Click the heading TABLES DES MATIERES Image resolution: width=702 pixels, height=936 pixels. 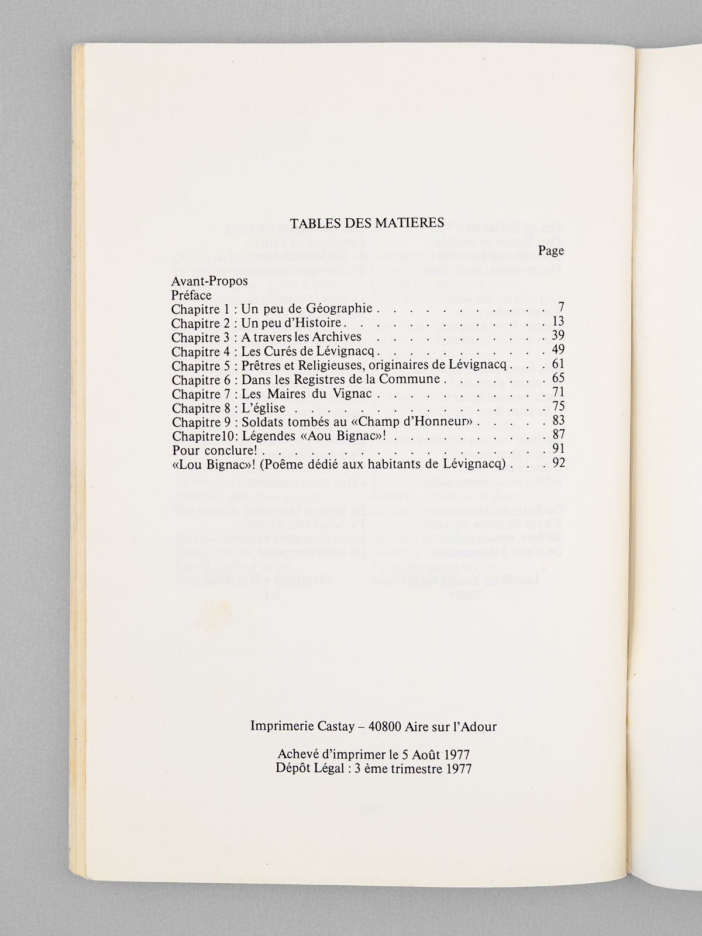tap(367, 223)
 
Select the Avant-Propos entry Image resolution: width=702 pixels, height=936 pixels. tap(209, 281)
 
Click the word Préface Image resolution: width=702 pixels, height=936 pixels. tap(191, 295)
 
